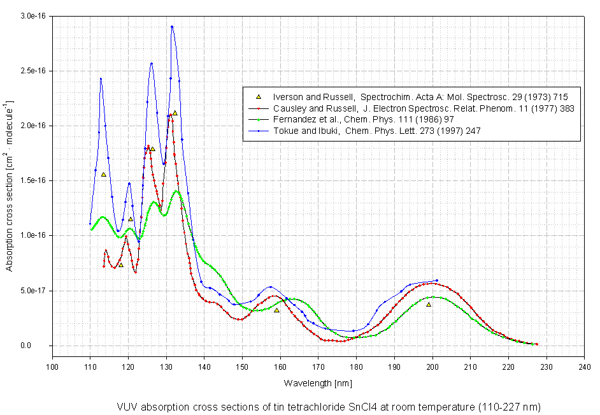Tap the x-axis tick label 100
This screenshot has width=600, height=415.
(x=52, y=367)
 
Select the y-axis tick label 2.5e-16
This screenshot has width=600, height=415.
(x=34, y=70)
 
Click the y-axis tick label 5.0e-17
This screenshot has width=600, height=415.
(x=34, y=291)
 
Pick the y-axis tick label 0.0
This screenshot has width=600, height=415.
(x=41, y=346)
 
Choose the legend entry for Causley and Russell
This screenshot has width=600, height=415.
(x=423, y=108)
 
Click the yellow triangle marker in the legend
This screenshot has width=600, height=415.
(x=259, y=96)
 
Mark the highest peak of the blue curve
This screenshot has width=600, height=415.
(x=172, y=27)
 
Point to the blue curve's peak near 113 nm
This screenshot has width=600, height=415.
(x=101, y=78)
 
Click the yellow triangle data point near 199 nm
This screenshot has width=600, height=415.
(x=429, y=305)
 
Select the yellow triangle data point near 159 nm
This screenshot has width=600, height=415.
(x=276, y=310)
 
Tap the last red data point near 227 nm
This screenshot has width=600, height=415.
(x=536, y=344)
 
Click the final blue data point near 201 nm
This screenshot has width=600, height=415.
(x=436, y=280)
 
